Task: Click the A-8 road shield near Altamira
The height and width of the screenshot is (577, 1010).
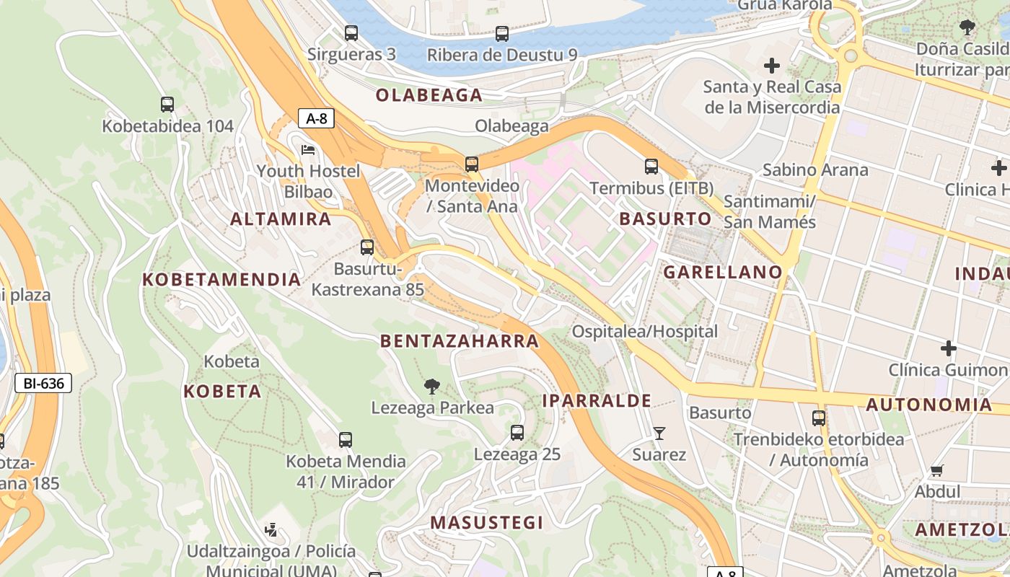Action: [316, 118]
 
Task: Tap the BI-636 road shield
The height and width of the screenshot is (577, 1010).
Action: [43, 383]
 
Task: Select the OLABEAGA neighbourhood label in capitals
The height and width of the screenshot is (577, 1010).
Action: [429, 95]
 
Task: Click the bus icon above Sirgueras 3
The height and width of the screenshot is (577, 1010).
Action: [351, 33]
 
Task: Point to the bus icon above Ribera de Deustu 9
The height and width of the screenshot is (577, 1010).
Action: [502, 33]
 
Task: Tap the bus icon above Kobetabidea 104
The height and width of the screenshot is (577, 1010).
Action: [167, 105]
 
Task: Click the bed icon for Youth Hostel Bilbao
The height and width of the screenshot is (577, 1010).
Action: [308, 151]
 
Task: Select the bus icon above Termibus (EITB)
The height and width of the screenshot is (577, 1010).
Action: [651, 167]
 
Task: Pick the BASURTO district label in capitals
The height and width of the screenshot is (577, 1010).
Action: [665, 218]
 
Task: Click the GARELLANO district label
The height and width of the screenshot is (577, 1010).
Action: [723, 272]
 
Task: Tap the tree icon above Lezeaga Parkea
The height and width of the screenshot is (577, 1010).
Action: [432, 387]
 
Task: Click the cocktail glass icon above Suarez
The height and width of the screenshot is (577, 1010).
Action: [659, 433]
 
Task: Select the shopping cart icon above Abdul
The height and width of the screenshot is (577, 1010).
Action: [937, 471]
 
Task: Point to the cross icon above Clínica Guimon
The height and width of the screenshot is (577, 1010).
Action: [949, 349]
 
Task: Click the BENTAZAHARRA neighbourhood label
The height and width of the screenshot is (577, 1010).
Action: [460, 341]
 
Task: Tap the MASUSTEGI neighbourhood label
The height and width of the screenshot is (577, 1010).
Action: [487, 523]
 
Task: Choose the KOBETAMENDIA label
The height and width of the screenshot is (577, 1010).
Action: [221, 279]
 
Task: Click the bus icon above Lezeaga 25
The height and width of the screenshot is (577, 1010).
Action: [517, 433]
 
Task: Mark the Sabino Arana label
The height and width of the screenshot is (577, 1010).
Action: [815, 170]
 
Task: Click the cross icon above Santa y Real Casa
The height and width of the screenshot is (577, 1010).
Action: [772, 66]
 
